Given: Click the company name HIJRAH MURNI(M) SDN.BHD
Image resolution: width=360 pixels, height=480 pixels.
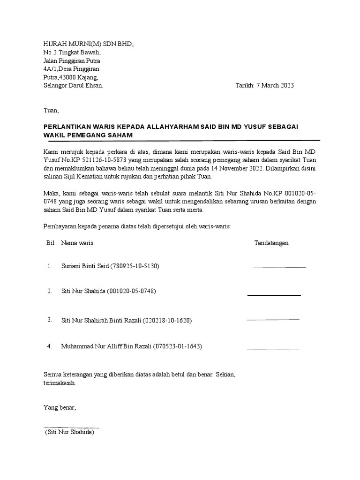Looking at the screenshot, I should [x=88, y=44].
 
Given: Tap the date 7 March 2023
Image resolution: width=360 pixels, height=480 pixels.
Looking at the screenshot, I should [x=275, y=86].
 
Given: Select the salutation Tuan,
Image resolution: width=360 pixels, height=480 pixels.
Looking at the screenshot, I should [x=51, y=111].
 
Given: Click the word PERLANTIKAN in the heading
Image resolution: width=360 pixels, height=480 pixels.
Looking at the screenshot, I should [x=69, y=127].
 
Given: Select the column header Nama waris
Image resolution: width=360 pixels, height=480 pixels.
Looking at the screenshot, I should [x=77, y=243].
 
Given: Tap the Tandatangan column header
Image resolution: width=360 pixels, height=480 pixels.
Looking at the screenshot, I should [x=271, y=243].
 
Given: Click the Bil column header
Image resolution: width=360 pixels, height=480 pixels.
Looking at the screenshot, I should [x=51, y=243].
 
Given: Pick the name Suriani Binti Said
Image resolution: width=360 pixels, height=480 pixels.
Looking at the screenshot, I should [x=85, y=266].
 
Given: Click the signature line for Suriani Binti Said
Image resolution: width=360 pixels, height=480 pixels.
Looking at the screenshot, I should [x=279, y=267].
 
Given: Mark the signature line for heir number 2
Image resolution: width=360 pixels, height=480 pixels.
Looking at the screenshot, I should [x=274, y=295].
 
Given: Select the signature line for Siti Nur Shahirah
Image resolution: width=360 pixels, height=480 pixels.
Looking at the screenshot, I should [x=273, y=319].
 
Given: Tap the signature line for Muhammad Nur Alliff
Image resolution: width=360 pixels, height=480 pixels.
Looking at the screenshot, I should [x=273, y=349].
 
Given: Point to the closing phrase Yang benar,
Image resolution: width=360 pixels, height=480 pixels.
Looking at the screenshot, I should [x=60, y=407].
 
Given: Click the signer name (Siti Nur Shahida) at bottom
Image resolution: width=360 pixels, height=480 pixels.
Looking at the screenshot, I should [x=70, y=432].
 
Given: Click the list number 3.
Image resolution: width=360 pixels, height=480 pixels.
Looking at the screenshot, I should [x=49, y=320].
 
